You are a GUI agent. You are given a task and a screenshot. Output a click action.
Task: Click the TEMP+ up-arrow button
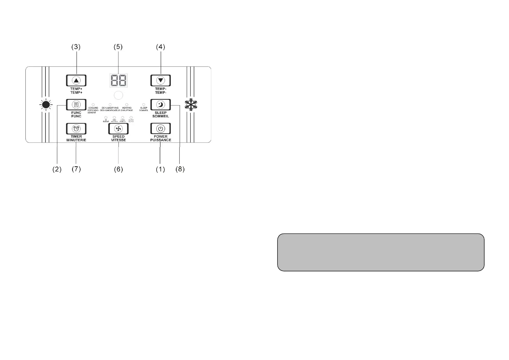coord(76,80)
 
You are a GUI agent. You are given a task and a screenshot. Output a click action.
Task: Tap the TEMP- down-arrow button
coord(160,80)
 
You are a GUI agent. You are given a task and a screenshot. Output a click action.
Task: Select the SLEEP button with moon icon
coord(160,105)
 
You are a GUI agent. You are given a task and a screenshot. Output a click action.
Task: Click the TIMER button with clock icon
coord(76,129)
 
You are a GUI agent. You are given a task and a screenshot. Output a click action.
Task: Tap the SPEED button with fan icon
coord(118,129)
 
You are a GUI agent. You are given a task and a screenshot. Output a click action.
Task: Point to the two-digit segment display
coord(118,80)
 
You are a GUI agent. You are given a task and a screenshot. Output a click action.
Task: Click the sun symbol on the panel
coord(46,105)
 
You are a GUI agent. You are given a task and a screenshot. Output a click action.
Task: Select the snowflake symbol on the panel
coord(191,105)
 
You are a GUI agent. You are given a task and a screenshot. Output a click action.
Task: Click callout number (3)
coord(76,47)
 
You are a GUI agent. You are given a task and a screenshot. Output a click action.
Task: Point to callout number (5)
coord(118,47)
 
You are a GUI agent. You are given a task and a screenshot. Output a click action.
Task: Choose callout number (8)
coord(180,169)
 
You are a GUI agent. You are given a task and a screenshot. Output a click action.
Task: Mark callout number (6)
coord(118,169)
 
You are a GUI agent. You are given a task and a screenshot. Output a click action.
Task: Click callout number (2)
coord(57,169)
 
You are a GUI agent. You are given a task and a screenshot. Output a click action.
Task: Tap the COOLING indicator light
coord(93,104)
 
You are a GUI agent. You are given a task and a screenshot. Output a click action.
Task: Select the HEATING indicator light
coord(127,104)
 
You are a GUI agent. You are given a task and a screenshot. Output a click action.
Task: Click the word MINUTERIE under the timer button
coord(76,140)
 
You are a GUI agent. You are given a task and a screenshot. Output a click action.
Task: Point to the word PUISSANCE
coord(160,140)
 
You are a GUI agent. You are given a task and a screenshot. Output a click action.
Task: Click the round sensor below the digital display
coord(118,95)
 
